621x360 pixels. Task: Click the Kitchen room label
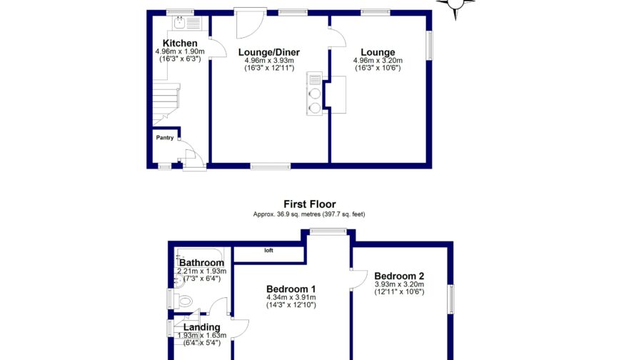click(176, 44)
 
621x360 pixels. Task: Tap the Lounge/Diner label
click(268, 52)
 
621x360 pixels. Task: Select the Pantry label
click(165, 138)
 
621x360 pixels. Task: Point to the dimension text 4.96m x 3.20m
click(378, 61)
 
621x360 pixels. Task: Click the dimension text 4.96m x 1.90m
click(180, 51)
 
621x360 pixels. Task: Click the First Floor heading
click(309, 204)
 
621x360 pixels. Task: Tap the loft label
click(269, 251)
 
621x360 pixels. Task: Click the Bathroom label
click(201, 263)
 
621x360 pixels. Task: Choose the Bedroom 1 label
click(291, 289)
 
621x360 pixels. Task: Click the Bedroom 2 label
click(399, 276)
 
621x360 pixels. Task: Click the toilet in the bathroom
click(185, 301)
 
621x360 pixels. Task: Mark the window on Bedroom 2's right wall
click(451, 298)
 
